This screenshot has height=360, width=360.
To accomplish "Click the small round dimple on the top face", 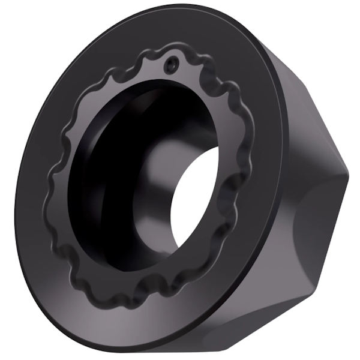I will (173, 61).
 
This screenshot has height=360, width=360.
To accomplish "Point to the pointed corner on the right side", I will (347, 175).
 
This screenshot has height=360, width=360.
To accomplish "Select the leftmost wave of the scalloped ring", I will (48, 198).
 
